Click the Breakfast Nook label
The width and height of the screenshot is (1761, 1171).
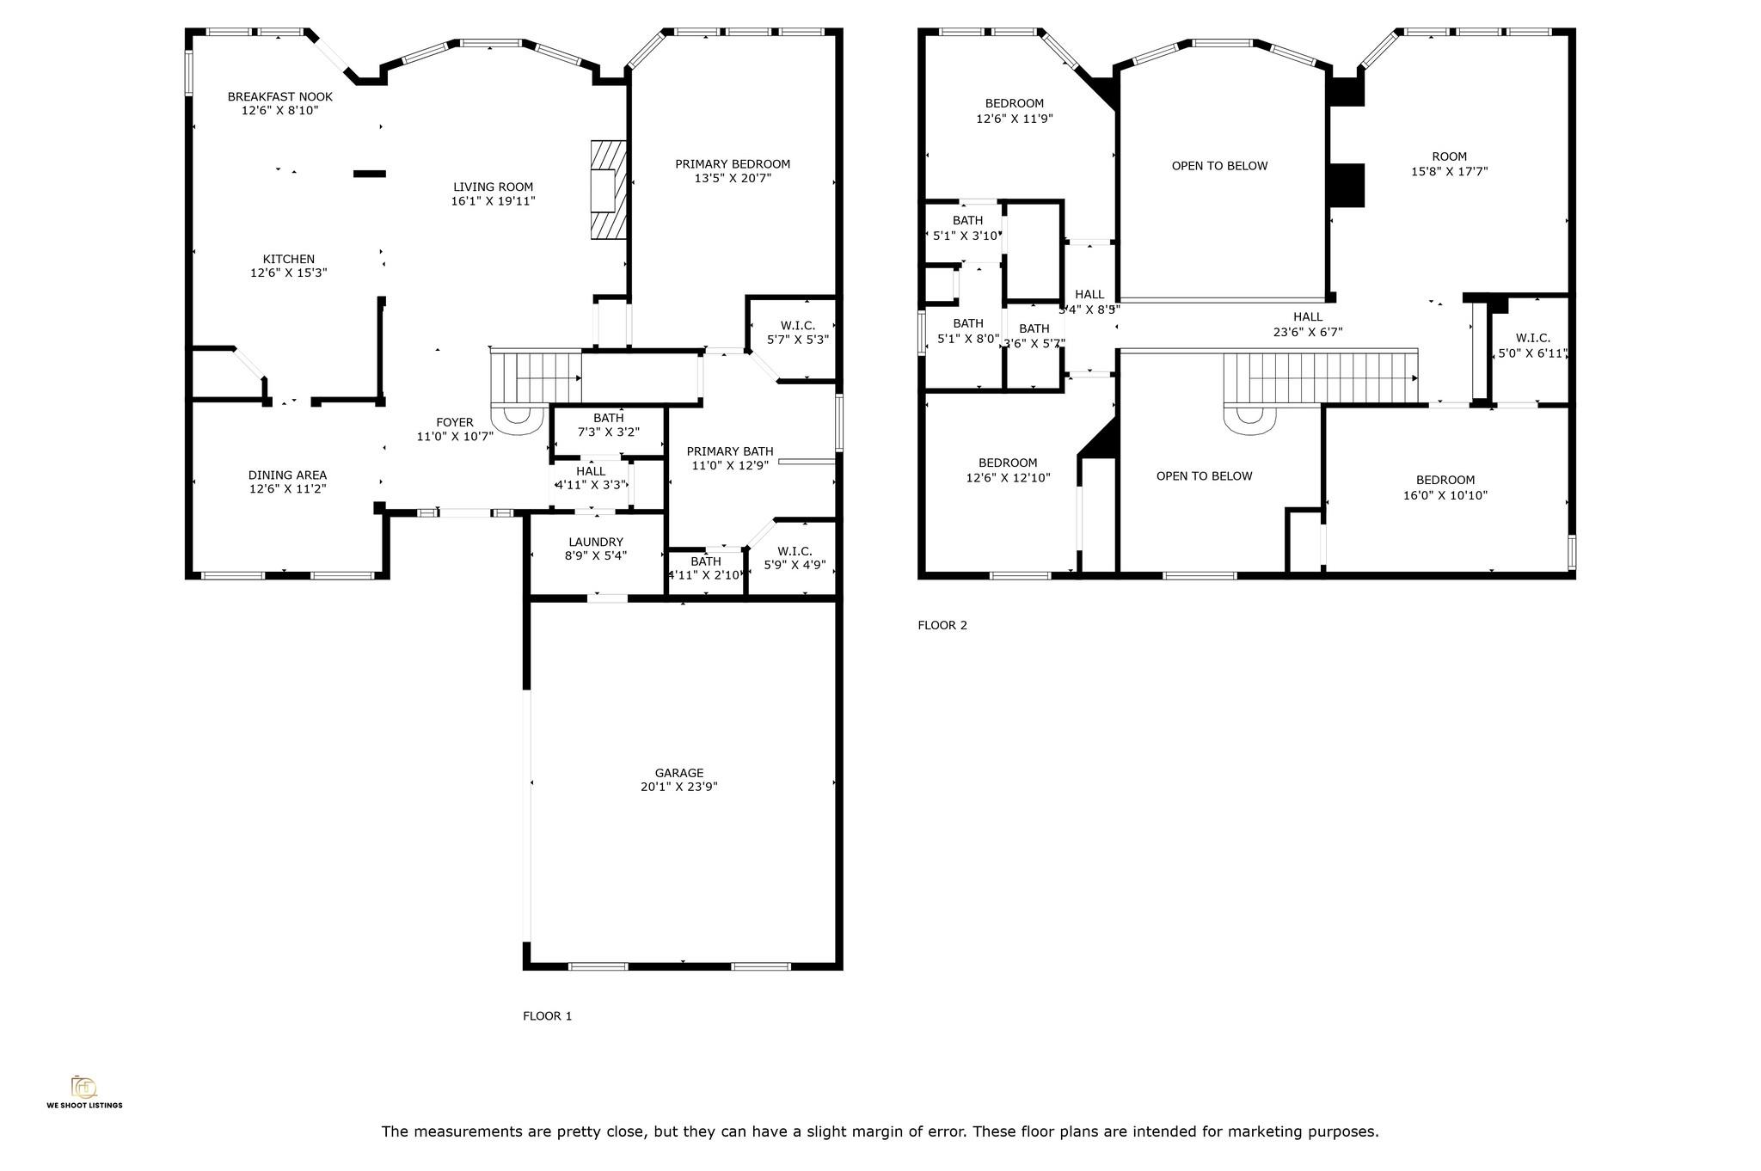point(279,96)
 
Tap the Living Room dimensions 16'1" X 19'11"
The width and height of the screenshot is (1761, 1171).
point(493,201)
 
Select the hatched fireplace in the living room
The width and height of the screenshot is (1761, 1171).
point(608,189)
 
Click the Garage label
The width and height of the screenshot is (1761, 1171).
point(678,773)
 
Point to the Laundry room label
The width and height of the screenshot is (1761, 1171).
point(595,542)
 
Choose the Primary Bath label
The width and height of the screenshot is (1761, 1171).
point(729,451)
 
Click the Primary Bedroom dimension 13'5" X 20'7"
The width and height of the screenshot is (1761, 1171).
point(733,178)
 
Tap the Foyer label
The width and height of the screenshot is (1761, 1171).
point(454,422)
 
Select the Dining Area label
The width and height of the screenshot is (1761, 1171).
point(287,475)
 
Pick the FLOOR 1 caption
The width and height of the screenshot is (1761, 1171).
point(547,1015)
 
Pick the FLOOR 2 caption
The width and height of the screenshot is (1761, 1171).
point(942,625)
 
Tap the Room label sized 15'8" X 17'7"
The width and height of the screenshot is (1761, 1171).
point(1449,156)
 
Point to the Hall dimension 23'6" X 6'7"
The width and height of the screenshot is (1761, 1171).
point(1307,332)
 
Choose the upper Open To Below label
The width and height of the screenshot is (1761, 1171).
point(1218,166)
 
